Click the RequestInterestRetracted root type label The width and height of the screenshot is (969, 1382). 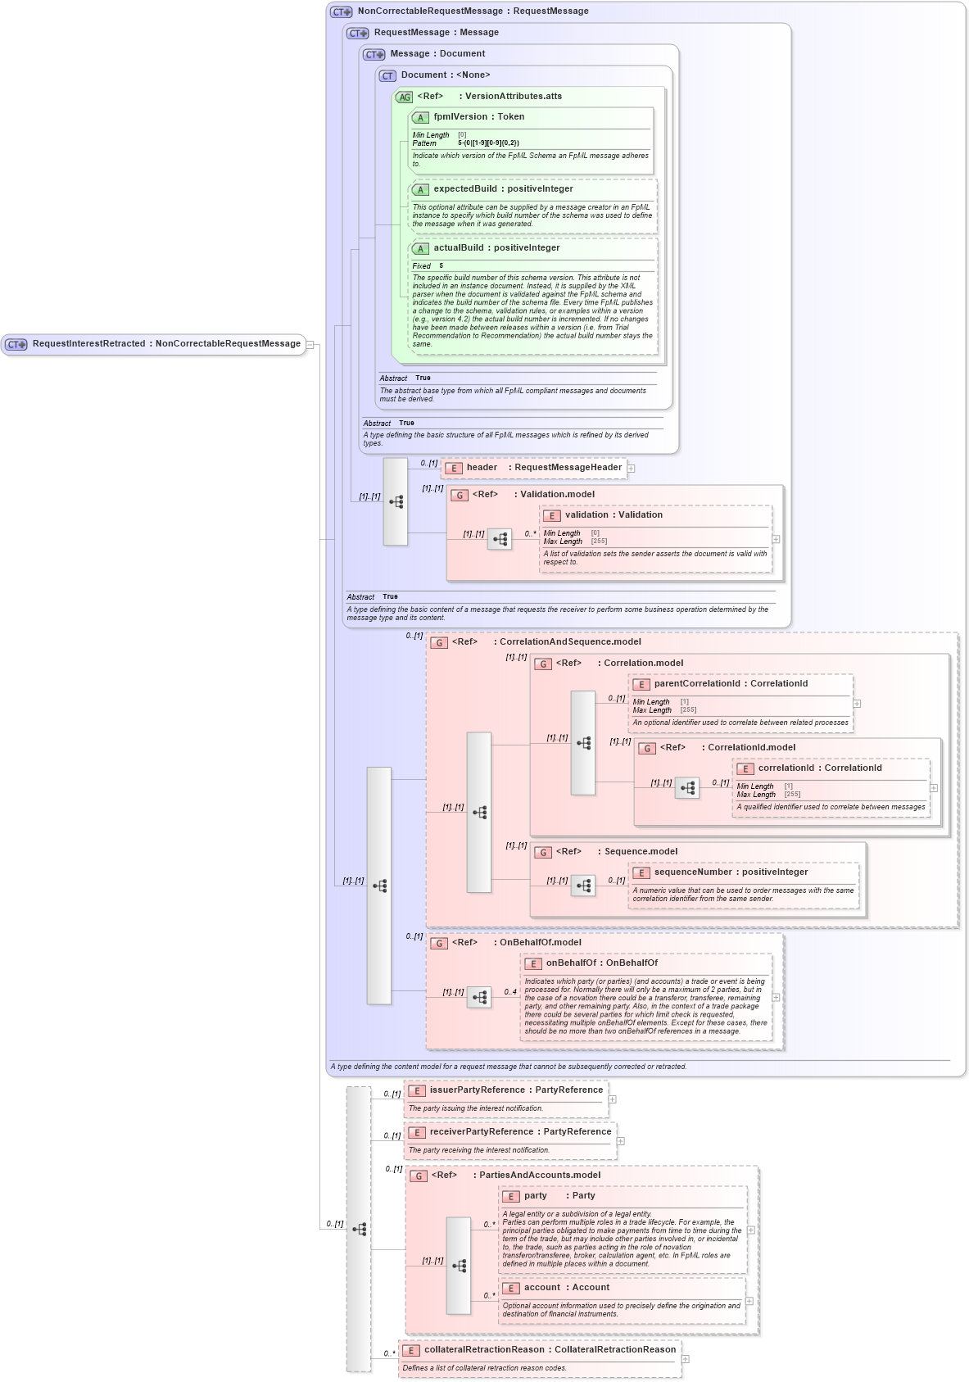(x=166, y=344)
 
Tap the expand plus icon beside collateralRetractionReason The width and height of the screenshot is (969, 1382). (x=686, y=1359)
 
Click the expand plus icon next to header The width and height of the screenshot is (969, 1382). (x=632, y=469)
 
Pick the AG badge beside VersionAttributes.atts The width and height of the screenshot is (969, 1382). (x=405, y=97)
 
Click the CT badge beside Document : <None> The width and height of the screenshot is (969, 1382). (x=387, y=76)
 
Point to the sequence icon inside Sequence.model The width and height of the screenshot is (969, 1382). (x=583, y=886)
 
